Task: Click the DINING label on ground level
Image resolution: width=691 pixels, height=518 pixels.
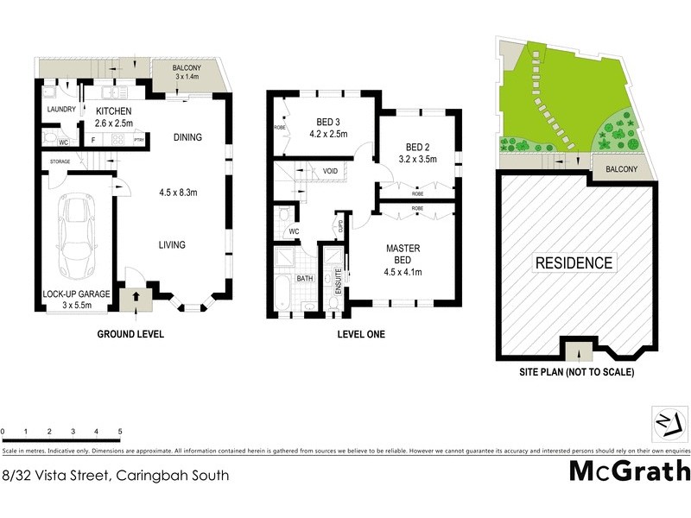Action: [187, 137]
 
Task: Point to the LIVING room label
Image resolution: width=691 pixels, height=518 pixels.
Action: [171, 245]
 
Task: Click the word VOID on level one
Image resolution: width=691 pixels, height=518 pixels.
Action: [330, 172]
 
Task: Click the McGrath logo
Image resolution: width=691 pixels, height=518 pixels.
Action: [630, 471]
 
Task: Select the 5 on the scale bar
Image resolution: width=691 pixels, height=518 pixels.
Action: [120, 431]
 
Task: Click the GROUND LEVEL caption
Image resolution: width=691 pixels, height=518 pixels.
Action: [130, 334]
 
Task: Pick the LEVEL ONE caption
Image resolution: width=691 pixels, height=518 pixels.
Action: [363, 334]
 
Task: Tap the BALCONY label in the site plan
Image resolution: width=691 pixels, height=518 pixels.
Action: [621, 169]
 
